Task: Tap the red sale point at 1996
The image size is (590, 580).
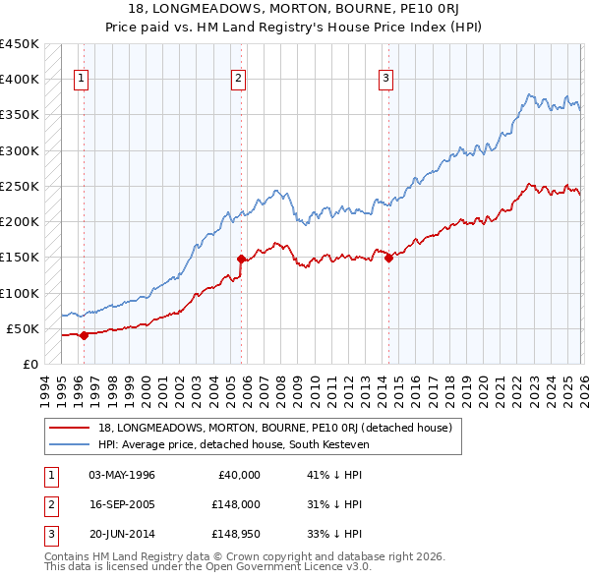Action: pos(84,335)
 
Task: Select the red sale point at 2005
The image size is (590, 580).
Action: pos(241,259)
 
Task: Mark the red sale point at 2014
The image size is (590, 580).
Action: pos(388,258)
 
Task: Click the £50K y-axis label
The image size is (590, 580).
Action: pos(24,328)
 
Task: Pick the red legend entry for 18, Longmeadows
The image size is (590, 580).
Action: pos(274,428)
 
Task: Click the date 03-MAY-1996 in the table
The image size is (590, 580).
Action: pos(122,475)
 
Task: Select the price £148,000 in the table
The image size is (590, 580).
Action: pos(233,504)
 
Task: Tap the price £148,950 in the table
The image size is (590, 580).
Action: pos(233,534)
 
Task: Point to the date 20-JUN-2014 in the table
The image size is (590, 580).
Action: pos(122,534)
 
